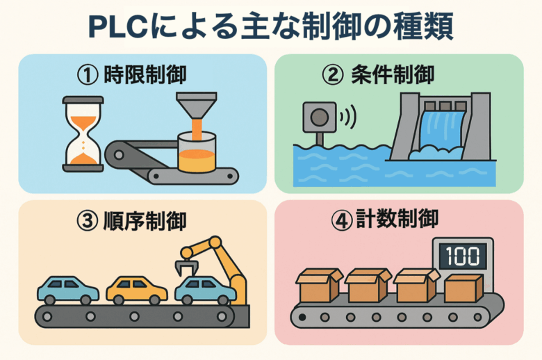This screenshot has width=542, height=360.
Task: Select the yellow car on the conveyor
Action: [136, 290]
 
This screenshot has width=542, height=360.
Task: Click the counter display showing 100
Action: [463, 255]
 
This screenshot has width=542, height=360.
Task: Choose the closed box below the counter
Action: [463, 287]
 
